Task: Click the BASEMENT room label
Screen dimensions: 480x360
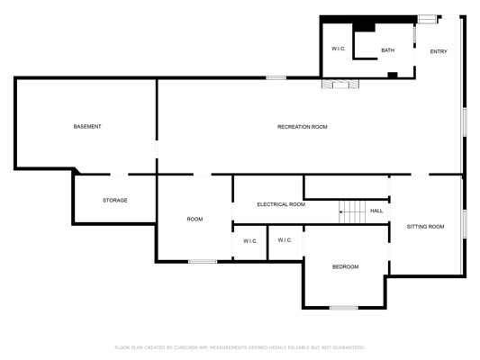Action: pos(87,126)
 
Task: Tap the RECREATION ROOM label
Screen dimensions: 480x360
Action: pos(303,127)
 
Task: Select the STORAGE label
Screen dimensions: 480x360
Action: pos(114,201)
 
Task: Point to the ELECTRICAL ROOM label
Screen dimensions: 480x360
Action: pos(281,204)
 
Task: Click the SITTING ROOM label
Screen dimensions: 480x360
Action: pos(425,227)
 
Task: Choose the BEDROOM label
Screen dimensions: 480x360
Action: pos(345,267)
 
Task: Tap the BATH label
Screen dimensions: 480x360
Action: pos(387,50)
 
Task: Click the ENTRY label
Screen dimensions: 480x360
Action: pos(439,51)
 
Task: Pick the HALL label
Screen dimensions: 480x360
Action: pos(376,211)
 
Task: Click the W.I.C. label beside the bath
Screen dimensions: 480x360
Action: pos(339,49)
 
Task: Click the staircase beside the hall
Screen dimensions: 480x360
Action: pos(352,211)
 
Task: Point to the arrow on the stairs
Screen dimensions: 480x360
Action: pos(346,211)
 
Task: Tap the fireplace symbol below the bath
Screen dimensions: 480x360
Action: pos(340,84)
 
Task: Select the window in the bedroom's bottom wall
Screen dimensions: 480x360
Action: pos(343,308)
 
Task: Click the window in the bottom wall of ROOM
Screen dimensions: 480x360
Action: pos(203,262)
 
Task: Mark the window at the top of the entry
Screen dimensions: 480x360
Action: pos(427,19)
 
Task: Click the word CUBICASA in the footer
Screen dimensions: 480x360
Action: pos(186,347)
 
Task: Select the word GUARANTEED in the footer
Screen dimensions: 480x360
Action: pos(349,347)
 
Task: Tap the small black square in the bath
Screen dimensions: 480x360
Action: pos(393,75)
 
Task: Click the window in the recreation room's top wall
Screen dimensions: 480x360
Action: pos(276,78)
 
